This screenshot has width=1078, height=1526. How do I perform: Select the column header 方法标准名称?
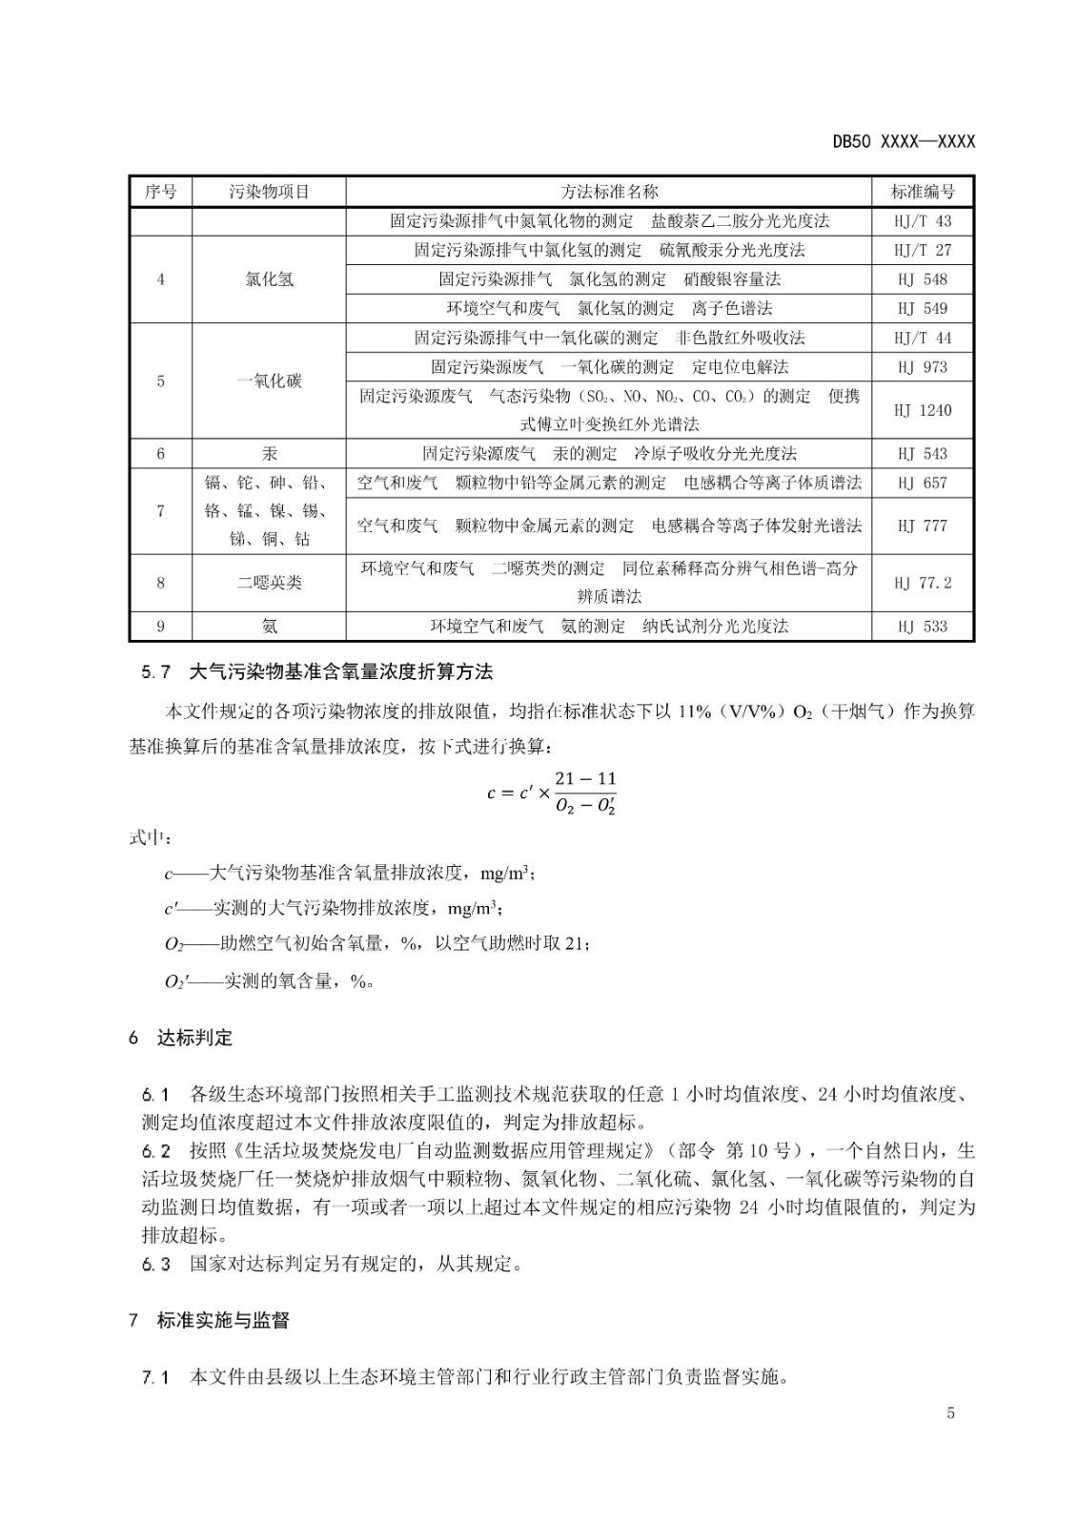[609, 191]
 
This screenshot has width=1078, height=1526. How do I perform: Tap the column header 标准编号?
[923, 191]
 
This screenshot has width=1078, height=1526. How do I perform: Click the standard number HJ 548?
[923, 279]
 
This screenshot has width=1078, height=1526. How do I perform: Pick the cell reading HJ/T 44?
[923, 338]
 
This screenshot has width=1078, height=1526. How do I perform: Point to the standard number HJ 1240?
[923, 410]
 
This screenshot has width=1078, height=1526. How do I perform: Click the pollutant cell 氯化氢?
[269, 279]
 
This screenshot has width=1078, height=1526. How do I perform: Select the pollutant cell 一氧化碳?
[269, 381]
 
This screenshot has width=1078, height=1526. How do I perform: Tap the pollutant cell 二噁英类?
[269, 582]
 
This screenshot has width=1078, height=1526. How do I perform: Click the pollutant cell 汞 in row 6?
[269, 453]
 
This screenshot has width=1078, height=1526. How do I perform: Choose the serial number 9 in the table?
[160, 626]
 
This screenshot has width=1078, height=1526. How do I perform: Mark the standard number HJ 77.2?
[923, 582]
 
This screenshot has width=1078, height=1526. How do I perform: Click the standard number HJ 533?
[923, 626]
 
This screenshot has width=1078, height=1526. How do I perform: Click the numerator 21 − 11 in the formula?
[585, 779]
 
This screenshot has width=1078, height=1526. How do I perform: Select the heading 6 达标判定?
[181, 1038]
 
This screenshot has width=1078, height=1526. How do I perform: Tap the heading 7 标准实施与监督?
[209, 1321]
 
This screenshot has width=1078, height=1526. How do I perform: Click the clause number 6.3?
[155, 1265]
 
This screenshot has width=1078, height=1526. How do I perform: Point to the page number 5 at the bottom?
[950, 1413]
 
